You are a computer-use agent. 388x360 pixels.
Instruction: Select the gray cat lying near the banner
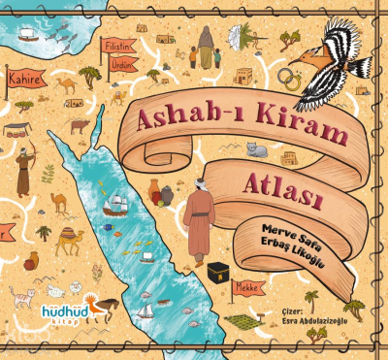(x=256, y=149)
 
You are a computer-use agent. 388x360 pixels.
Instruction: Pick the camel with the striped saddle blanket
(x=66, y=237)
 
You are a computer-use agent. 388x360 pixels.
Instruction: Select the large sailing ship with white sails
(x=117, y=205)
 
